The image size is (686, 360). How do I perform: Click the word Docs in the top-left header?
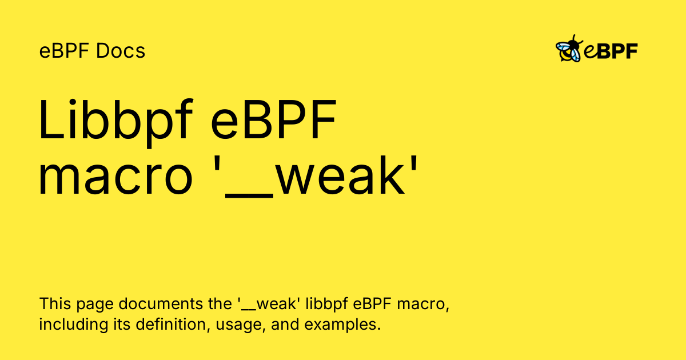(x=121, y=51)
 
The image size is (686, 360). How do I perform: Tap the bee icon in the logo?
(x=569, y=49)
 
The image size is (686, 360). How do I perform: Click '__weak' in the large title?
(x=315, y=177)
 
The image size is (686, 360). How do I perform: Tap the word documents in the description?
(x=161, y=303)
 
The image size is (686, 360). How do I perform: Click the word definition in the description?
(x=173, y=324)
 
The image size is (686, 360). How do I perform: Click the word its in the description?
(x=122, y=324)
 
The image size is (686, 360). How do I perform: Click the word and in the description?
(x=285, y=324)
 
